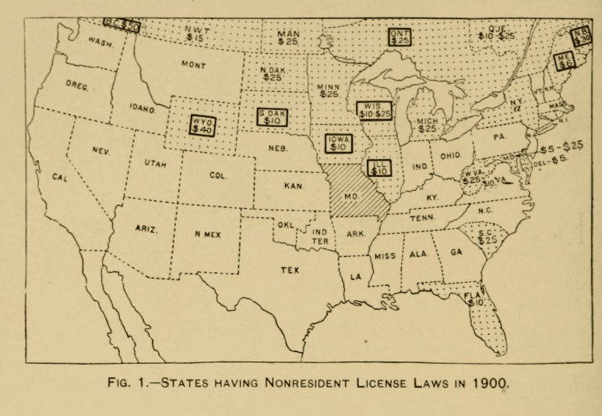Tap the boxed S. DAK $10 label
tap(273, 117)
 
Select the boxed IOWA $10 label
tap(339, 143)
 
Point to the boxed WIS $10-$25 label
tap(374, 110)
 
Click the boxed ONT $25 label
tap(401, 37)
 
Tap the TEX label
tap(290, 270)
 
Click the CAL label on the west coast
tap(60, 177)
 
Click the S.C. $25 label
tap(487, 234)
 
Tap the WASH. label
tap(101, 41)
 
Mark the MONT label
tap(192, 65)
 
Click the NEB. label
tap(279, 146)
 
